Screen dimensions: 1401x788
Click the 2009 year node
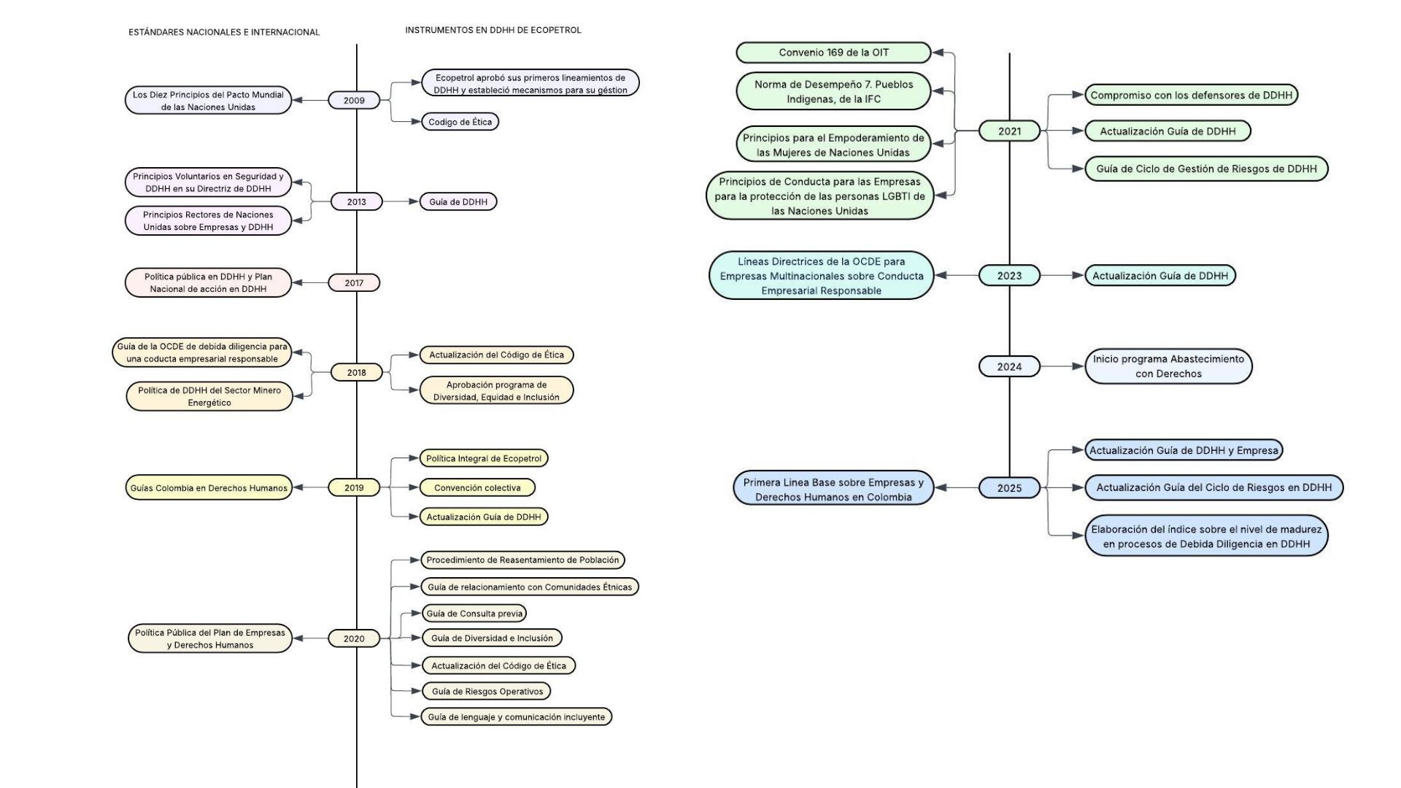pos(354,101)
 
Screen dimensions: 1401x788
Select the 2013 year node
pos(356,202)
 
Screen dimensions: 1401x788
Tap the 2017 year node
pos(354,283)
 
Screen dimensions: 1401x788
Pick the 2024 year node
pos(1009,367)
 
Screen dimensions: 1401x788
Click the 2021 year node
pos(1009,131)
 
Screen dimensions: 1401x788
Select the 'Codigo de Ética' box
pos(460,122)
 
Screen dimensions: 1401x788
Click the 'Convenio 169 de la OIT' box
pos(833,53)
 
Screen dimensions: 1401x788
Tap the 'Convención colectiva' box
pos(477,487)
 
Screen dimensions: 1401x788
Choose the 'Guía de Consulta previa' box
pos(474,614)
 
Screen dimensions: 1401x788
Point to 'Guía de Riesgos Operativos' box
pos(487,691)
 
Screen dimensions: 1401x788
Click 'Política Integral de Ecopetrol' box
pos(484,458)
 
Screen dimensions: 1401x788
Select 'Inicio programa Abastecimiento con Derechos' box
pos(1168,366)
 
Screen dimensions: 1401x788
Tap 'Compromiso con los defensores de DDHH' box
pos(1191,95)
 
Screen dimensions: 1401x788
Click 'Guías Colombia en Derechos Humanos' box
pos(209,488)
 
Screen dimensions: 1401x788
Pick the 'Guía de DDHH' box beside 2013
pos(458,202)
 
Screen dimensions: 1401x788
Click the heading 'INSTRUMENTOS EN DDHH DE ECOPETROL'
pos(493,30)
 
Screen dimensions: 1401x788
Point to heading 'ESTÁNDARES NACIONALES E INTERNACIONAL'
pos(224,32)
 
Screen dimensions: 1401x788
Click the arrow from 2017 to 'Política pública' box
pos(310,283)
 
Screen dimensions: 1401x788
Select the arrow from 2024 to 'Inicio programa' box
pos(1062,366)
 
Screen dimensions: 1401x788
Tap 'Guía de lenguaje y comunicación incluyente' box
pos(516,717)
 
